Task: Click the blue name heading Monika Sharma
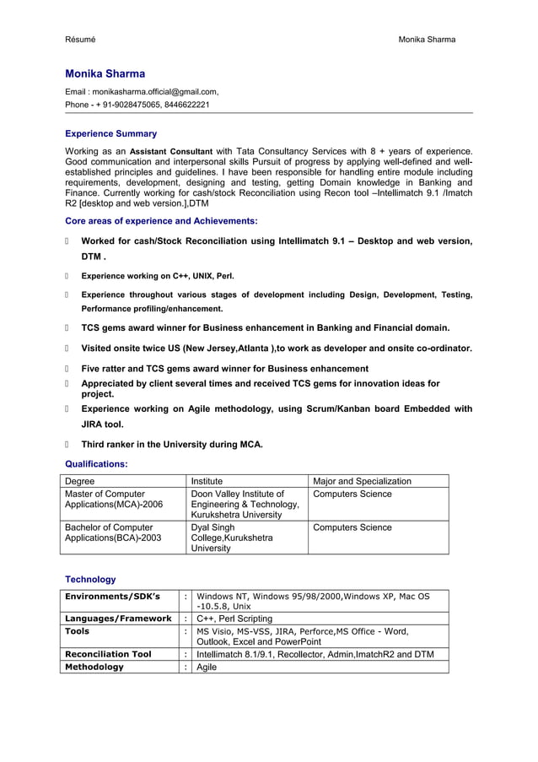coord(105,73)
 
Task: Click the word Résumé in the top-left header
coord(80,40)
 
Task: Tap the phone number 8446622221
coord(186,105)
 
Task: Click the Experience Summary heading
coord(110,133)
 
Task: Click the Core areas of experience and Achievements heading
coord(161,221)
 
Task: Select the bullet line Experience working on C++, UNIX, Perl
coord(157,275)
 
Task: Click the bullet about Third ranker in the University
coord(171,444)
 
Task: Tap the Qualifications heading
coord(96,464)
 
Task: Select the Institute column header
coord(207,481)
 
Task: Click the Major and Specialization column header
coord(362,481)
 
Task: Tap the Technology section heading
coord(90,580)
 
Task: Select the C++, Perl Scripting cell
coord(234,619)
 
